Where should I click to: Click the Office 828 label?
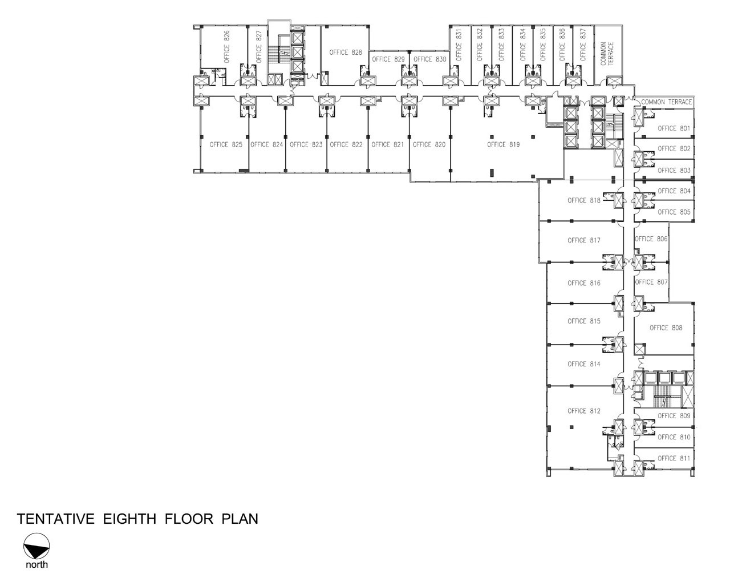(x=346, y=52)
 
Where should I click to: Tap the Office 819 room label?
(x=504, y=144)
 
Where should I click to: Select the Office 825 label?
(x=226, y=144)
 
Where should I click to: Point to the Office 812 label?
(x=584, y=411)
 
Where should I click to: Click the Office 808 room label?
(x=666, y=328)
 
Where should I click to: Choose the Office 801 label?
(x=674, y=128)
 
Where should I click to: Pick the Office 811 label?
(x=674, y=459)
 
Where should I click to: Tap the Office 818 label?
(x=584, y=200)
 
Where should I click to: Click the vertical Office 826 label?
(x=226, y=47)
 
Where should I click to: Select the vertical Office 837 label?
(x=583, y=45)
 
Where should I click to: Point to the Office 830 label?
(x=430, y=59)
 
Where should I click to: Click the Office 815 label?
(x=584, y=321)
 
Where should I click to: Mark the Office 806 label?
(x=651, y=239)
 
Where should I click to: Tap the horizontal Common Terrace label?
(x=667, y=102)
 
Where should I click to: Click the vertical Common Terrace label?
(x=607, y=53)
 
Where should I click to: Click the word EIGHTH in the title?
(x=129, y=519)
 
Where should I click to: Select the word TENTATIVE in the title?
(x=56, y=519)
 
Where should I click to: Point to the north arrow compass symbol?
(x=36, y=546)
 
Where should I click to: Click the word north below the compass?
(x=36, y=565)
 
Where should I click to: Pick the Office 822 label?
(x=346, y=144)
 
